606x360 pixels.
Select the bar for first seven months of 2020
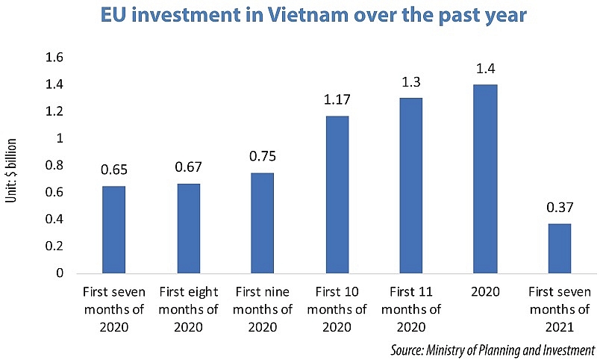tap(113, 229)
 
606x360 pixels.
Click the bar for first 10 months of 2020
tap(337, 194)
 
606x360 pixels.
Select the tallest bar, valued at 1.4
tap(485, 179)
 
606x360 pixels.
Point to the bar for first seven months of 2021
tap(560, 248)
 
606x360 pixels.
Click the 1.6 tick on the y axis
tap(54, 58)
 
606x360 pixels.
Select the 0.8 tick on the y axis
tap(54, 166)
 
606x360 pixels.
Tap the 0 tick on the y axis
tap(59, 273)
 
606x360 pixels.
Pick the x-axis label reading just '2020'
tap(485, 291)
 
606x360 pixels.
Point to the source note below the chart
tap(492, 349)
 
